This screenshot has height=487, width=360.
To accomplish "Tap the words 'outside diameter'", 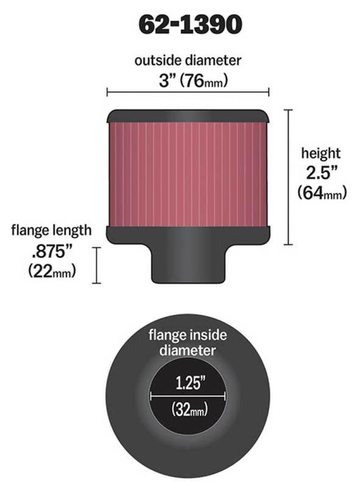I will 188,60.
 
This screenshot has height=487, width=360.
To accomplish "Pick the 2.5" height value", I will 322,173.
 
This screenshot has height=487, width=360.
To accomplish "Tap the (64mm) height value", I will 322,193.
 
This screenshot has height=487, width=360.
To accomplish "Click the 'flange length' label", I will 51,230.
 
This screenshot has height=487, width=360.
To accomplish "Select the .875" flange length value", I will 51,250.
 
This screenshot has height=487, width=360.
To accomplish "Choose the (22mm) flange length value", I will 52,271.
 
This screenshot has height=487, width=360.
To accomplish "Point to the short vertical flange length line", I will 96,265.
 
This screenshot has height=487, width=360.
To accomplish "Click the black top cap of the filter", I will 188,114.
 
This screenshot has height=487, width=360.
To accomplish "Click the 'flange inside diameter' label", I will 188,342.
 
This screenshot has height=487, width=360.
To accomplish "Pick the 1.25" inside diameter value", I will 188,384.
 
